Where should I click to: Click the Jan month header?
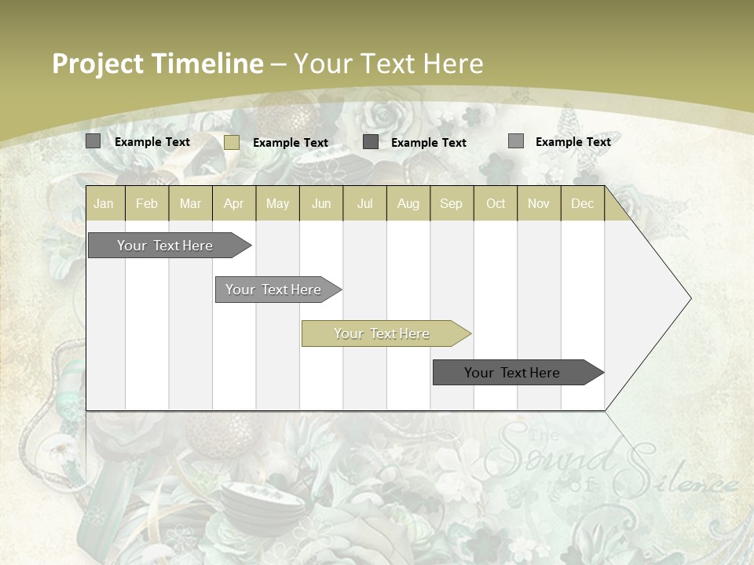pos(104,203)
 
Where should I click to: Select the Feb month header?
pos(147,203)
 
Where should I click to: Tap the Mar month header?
pos(190,203)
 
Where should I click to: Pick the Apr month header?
pos(234,203)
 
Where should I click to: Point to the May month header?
pos(277,203)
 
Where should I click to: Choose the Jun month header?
pos(321,203)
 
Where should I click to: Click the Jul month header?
pos(364,203)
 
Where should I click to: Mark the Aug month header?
pos(408,203)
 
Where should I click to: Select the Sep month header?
pos(452,203)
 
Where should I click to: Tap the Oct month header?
pos(496,203)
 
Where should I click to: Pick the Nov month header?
pos(539,203)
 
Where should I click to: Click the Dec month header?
pos(583,203)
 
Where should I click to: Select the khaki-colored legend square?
pos(232,142)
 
